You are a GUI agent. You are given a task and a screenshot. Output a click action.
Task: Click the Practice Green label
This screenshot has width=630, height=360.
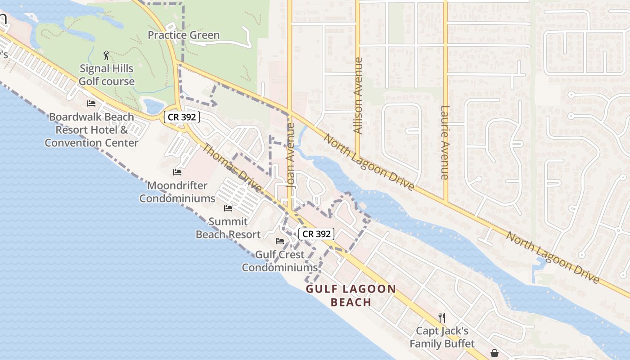click(184, 35)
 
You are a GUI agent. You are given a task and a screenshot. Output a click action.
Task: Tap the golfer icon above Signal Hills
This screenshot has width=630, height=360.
click(106, 55)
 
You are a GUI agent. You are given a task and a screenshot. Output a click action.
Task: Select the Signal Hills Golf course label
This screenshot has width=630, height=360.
click(107, 75)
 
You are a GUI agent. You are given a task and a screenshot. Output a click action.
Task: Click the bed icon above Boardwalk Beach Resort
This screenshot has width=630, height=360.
click(91, 103)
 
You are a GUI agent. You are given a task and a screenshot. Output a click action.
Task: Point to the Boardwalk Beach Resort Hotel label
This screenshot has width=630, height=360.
click(91, 130)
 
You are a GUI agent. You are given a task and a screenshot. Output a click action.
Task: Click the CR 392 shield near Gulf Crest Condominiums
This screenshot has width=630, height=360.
click(316, 234)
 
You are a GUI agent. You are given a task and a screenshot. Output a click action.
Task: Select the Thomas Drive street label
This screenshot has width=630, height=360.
click(232, 167)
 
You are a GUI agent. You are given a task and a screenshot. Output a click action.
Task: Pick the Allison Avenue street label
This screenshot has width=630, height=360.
click(358, 95)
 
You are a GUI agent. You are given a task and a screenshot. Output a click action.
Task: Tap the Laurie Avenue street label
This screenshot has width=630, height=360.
click(445, 143)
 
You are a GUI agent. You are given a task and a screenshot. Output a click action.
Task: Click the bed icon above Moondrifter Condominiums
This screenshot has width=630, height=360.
click(177, 172)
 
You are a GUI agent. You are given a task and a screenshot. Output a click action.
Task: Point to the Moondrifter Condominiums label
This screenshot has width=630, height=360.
click(177, 192)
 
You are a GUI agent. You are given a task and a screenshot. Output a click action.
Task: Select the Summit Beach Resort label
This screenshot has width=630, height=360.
click(228, 228)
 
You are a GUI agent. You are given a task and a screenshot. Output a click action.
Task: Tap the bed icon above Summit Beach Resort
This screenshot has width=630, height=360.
click(228, 208)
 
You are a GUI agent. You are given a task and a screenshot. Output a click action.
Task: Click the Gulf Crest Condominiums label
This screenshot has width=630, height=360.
click(280, 261)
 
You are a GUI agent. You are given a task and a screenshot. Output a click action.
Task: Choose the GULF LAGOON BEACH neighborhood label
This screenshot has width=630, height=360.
click(351, 295)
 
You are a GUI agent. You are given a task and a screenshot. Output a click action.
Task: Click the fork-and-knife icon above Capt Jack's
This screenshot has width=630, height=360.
click(442, 318)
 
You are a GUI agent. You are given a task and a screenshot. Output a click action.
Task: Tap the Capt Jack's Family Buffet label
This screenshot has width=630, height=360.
click(442, 337)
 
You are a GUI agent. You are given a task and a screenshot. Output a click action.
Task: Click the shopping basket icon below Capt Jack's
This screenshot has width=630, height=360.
click(494, 353)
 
